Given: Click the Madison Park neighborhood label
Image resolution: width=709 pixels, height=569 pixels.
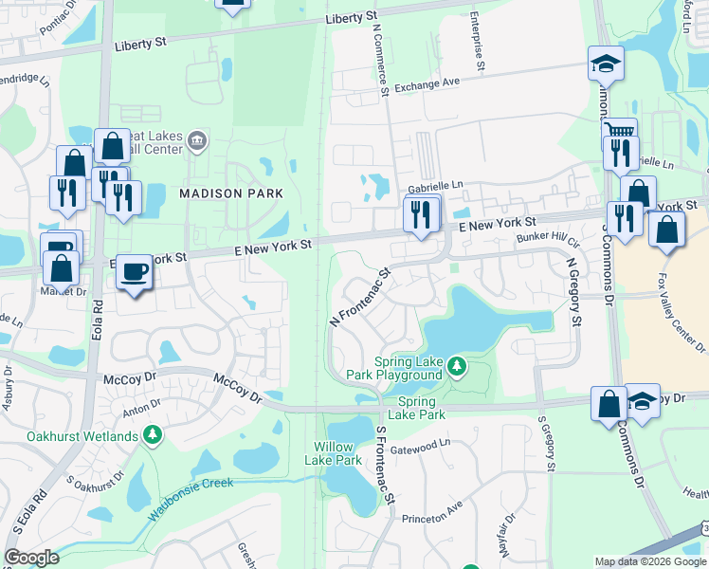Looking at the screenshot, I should [231, 193].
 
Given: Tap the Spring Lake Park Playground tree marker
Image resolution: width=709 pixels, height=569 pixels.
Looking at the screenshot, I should [457, 365].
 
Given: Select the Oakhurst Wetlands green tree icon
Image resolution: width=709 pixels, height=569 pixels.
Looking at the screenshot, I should [152, 435].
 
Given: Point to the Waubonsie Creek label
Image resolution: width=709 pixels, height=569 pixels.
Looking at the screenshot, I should [191, 498].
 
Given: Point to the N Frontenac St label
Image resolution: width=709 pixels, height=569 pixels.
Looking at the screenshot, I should [360, 298].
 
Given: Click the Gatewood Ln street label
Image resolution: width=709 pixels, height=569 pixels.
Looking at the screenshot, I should [420, 444].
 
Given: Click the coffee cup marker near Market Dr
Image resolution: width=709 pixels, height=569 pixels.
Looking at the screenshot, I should [134, 272].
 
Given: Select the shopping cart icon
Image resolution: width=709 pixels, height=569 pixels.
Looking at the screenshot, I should [620, 134].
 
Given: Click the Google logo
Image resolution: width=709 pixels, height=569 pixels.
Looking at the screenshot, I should [31, 558].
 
